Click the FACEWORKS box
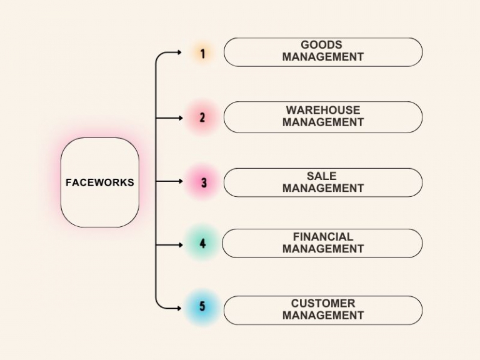[100, 182]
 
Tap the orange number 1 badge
[202, 54]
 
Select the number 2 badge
[202, 117]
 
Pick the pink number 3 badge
[204, 182]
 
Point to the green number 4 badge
[202, 243]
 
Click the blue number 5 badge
[202, 307]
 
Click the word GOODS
[321, 45]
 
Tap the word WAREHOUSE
[323, 110]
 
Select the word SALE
[322, 176]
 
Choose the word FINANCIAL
[323, 237]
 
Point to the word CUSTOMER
[323, 304]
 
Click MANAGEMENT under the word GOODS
[323, 57]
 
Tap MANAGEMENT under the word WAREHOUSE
[323, 122]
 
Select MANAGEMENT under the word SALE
[323, 188]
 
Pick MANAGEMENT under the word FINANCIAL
[323, 249]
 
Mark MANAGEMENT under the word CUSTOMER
[323, 316]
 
